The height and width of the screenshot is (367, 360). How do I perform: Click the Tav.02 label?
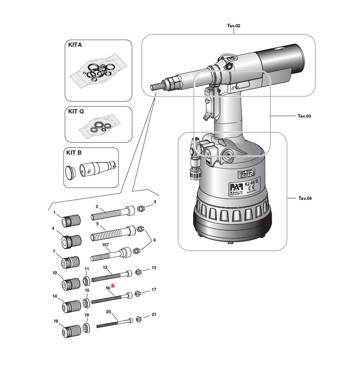point(234,26)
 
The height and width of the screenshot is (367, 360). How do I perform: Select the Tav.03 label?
point(304,116)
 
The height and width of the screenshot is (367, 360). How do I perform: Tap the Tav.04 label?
point(305,198)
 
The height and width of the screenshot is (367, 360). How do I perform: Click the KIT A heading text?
point(75,45)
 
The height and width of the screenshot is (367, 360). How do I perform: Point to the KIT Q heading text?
point(76,111)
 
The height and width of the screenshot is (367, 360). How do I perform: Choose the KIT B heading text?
point(74,152)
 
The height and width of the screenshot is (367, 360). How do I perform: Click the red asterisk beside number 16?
point(113,287)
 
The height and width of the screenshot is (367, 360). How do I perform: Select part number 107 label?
point(105,245)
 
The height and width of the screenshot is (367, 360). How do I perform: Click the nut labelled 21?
point(140,319)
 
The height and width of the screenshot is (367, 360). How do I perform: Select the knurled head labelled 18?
point(71,332)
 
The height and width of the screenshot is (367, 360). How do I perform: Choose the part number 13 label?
point(154,268)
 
